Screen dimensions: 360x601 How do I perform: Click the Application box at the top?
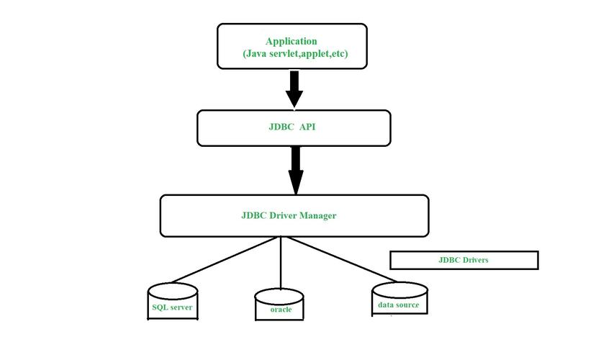coord(294,46)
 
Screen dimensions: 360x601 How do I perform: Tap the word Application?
coord(291,41)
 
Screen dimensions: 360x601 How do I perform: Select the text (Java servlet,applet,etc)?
coord(295,54)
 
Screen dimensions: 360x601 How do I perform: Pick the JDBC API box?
coord(294,128)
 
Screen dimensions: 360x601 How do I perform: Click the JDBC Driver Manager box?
coord(294,215)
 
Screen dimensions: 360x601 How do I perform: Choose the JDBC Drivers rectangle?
coord(464,260)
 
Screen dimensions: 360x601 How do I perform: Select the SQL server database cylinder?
coord(173,302)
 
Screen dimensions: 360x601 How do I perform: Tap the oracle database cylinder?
coord(281,305)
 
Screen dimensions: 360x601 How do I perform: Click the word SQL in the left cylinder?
coord(160,307)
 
